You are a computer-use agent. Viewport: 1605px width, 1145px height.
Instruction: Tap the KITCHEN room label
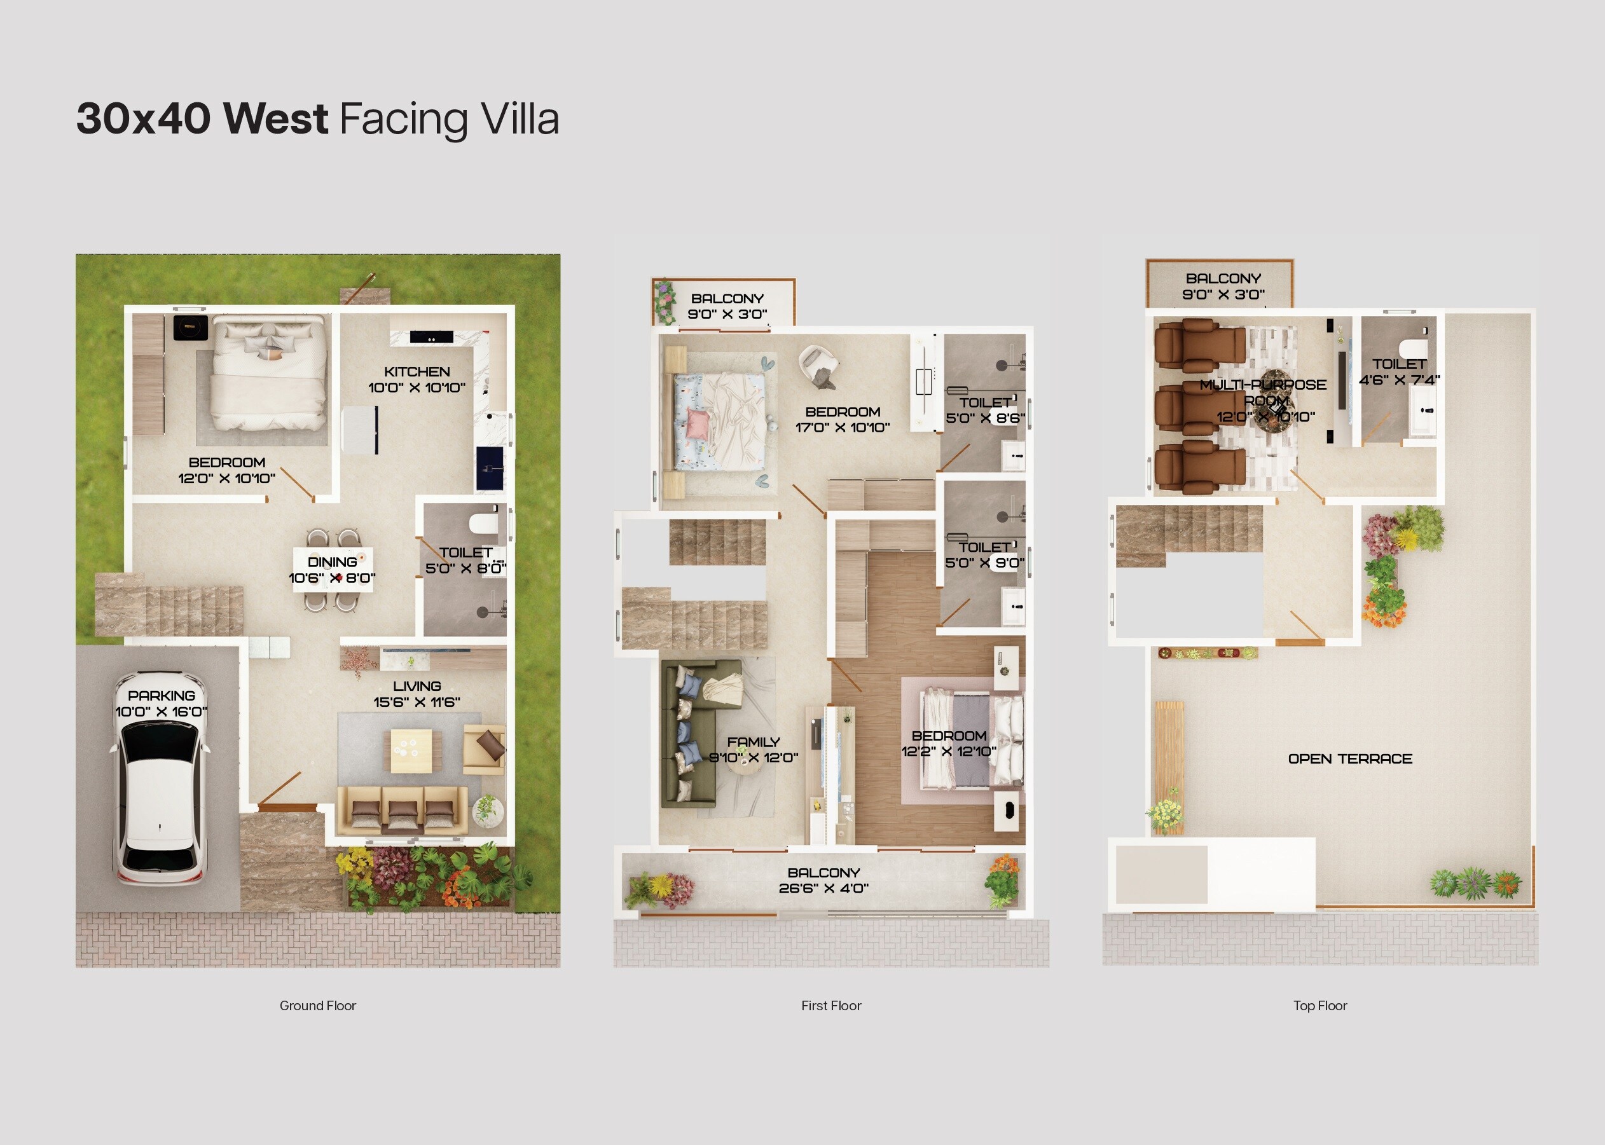coord(417,371)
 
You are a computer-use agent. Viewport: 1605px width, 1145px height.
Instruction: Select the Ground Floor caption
coord(317,1005)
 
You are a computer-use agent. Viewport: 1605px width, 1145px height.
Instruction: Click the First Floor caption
coord(830,1005)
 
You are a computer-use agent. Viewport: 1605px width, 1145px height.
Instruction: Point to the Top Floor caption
coord(1319,1005)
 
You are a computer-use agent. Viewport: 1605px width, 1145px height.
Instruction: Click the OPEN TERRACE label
coord(1350,758)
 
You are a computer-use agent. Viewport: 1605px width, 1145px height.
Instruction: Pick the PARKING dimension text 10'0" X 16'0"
coord(161,711)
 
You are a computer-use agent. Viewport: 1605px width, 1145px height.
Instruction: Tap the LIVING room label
coord(417,686)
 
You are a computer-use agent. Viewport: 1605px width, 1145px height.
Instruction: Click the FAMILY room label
coord(753,742)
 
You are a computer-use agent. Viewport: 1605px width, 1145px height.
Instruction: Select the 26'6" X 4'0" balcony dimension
coord(823,888)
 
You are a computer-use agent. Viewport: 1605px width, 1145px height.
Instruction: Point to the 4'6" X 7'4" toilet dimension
coord(1399,380)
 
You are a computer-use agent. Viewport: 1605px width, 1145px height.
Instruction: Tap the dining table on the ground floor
coord(333,570)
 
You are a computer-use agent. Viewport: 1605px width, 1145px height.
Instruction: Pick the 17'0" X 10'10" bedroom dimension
coord(842,427)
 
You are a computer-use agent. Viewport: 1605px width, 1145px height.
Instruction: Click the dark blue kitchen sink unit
coord(490,468)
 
